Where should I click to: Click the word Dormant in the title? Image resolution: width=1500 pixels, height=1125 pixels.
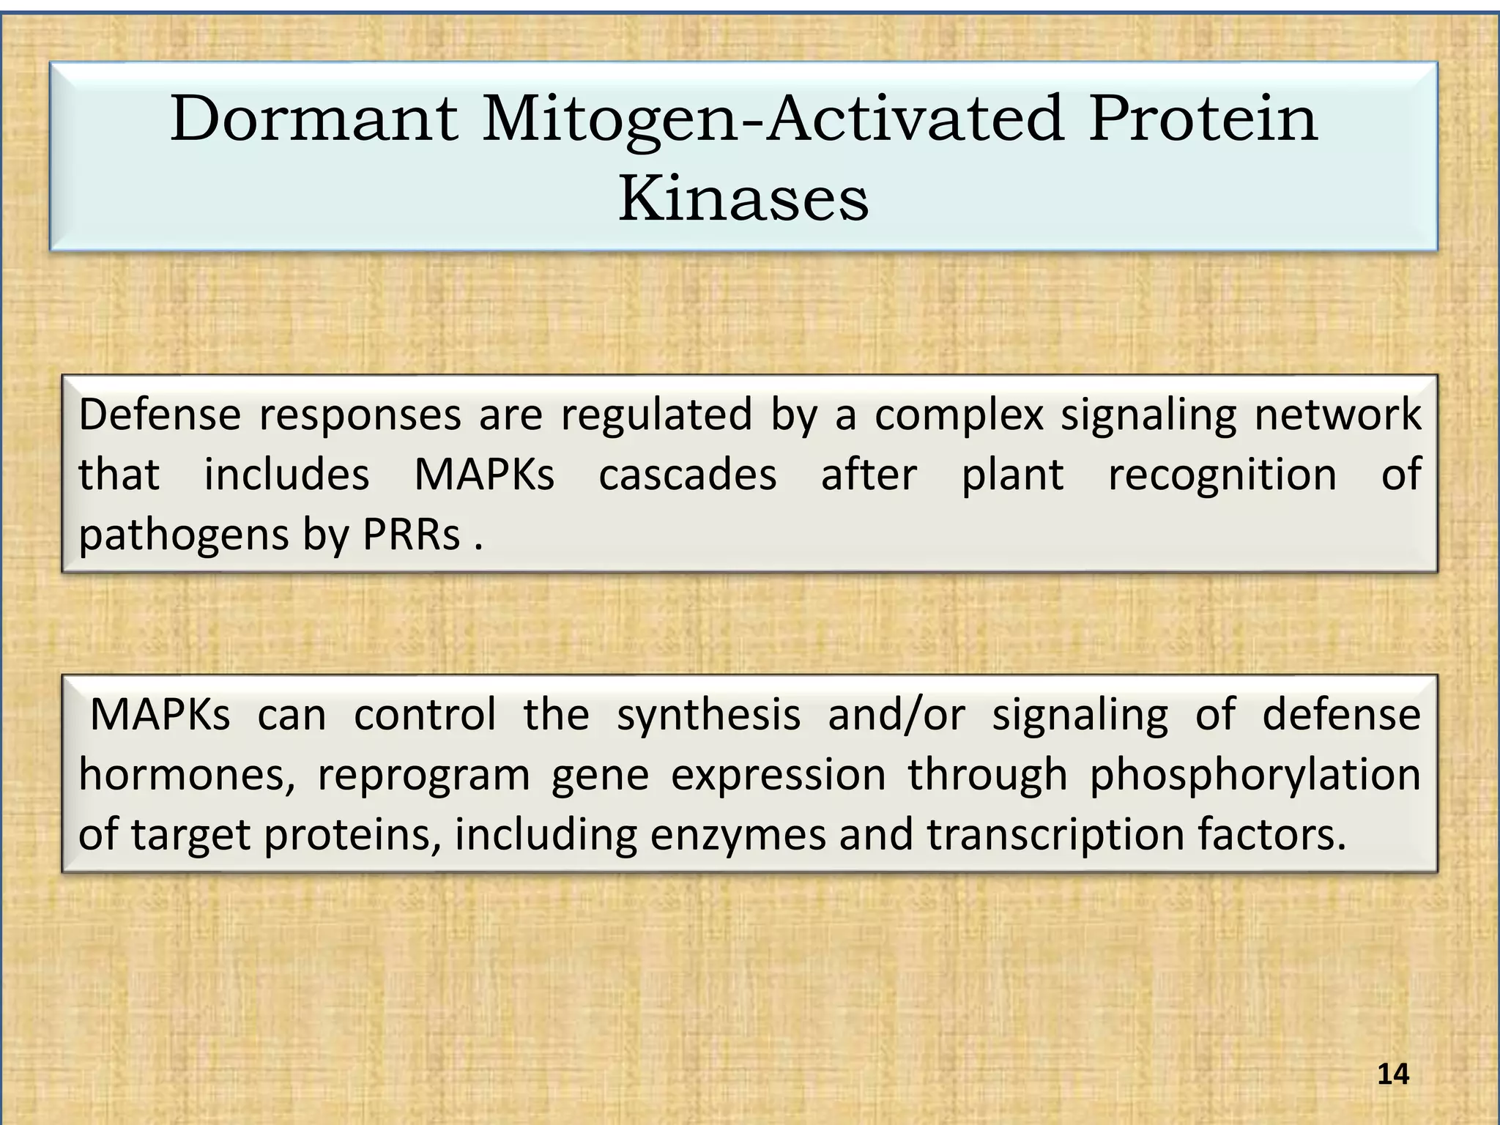point(314,119)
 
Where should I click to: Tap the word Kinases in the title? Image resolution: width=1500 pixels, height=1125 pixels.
point(743,199)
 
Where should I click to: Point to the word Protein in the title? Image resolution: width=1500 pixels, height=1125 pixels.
point(1203,119)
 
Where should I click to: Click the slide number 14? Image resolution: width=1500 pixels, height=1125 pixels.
point(1393,1074)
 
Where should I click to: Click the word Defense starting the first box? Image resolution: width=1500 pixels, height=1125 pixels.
point(160,415)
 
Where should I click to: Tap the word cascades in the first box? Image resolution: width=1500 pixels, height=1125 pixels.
point(687,475)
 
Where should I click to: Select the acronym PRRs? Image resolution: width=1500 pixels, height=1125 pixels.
point(412,535)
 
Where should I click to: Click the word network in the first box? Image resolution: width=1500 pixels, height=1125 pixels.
point(1337,415)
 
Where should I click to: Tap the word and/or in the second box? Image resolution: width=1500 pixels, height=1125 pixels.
point(896,716)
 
